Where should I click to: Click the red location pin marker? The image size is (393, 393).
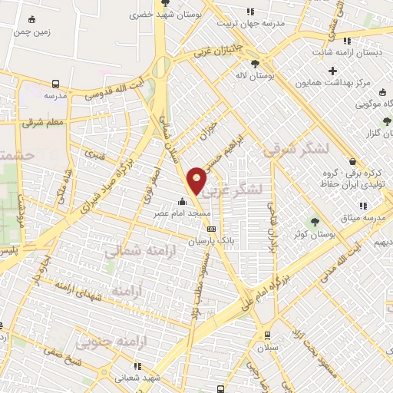click(x=197, y=180)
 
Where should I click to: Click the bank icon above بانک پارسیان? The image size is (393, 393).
click(x=212, y=228)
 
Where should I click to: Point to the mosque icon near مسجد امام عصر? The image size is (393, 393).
click(x=181, y=202)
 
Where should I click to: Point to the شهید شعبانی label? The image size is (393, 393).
click(x=137, y=378)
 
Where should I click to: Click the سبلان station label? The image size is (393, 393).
click(x=266, y=347)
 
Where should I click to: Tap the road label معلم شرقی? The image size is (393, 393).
click(x=43, y=122)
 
